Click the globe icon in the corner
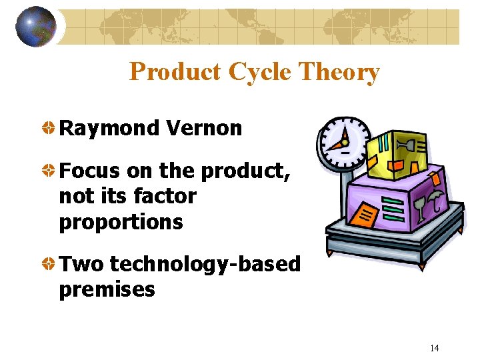click(x=35, y=27)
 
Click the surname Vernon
click(x=204, y=128)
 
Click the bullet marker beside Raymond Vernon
click(x=49, y=127)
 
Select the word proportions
click(x=121, y=222)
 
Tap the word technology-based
click(x=205, y=265)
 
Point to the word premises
click(x=107, y=290)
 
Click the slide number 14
click(x=435, y=348)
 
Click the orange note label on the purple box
click(x=364, y=215)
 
